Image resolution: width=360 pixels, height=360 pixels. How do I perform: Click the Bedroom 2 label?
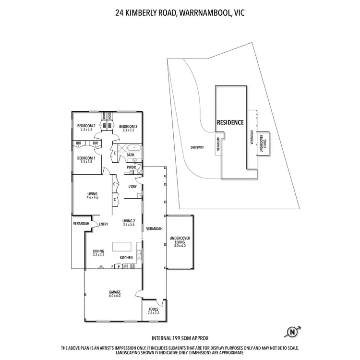tap(86, 126)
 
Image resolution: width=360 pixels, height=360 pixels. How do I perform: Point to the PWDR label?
tap(132, 167)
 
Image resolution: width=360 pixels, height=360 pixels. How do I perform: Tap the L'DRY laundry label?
tap(133, 186)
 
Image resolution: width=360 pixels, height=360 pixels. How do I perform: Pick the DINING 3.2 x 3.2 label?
tap(98, 252)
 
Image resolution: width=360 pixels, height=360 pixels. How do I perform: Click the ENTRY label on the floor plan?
tap(103, 224)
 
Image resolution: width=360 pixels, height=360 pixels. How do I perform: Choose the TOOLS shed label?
tap(154, 310)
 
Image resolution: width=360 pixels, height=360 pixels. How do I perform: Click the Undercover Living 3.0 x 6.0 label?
tap(179, 243)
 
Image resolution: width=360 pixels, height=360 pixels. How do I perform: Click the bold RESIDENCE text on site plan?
tap(231, 122)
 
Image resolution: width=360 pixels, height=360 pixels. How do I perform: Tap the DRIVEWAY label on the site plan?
tap(197, 147)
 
